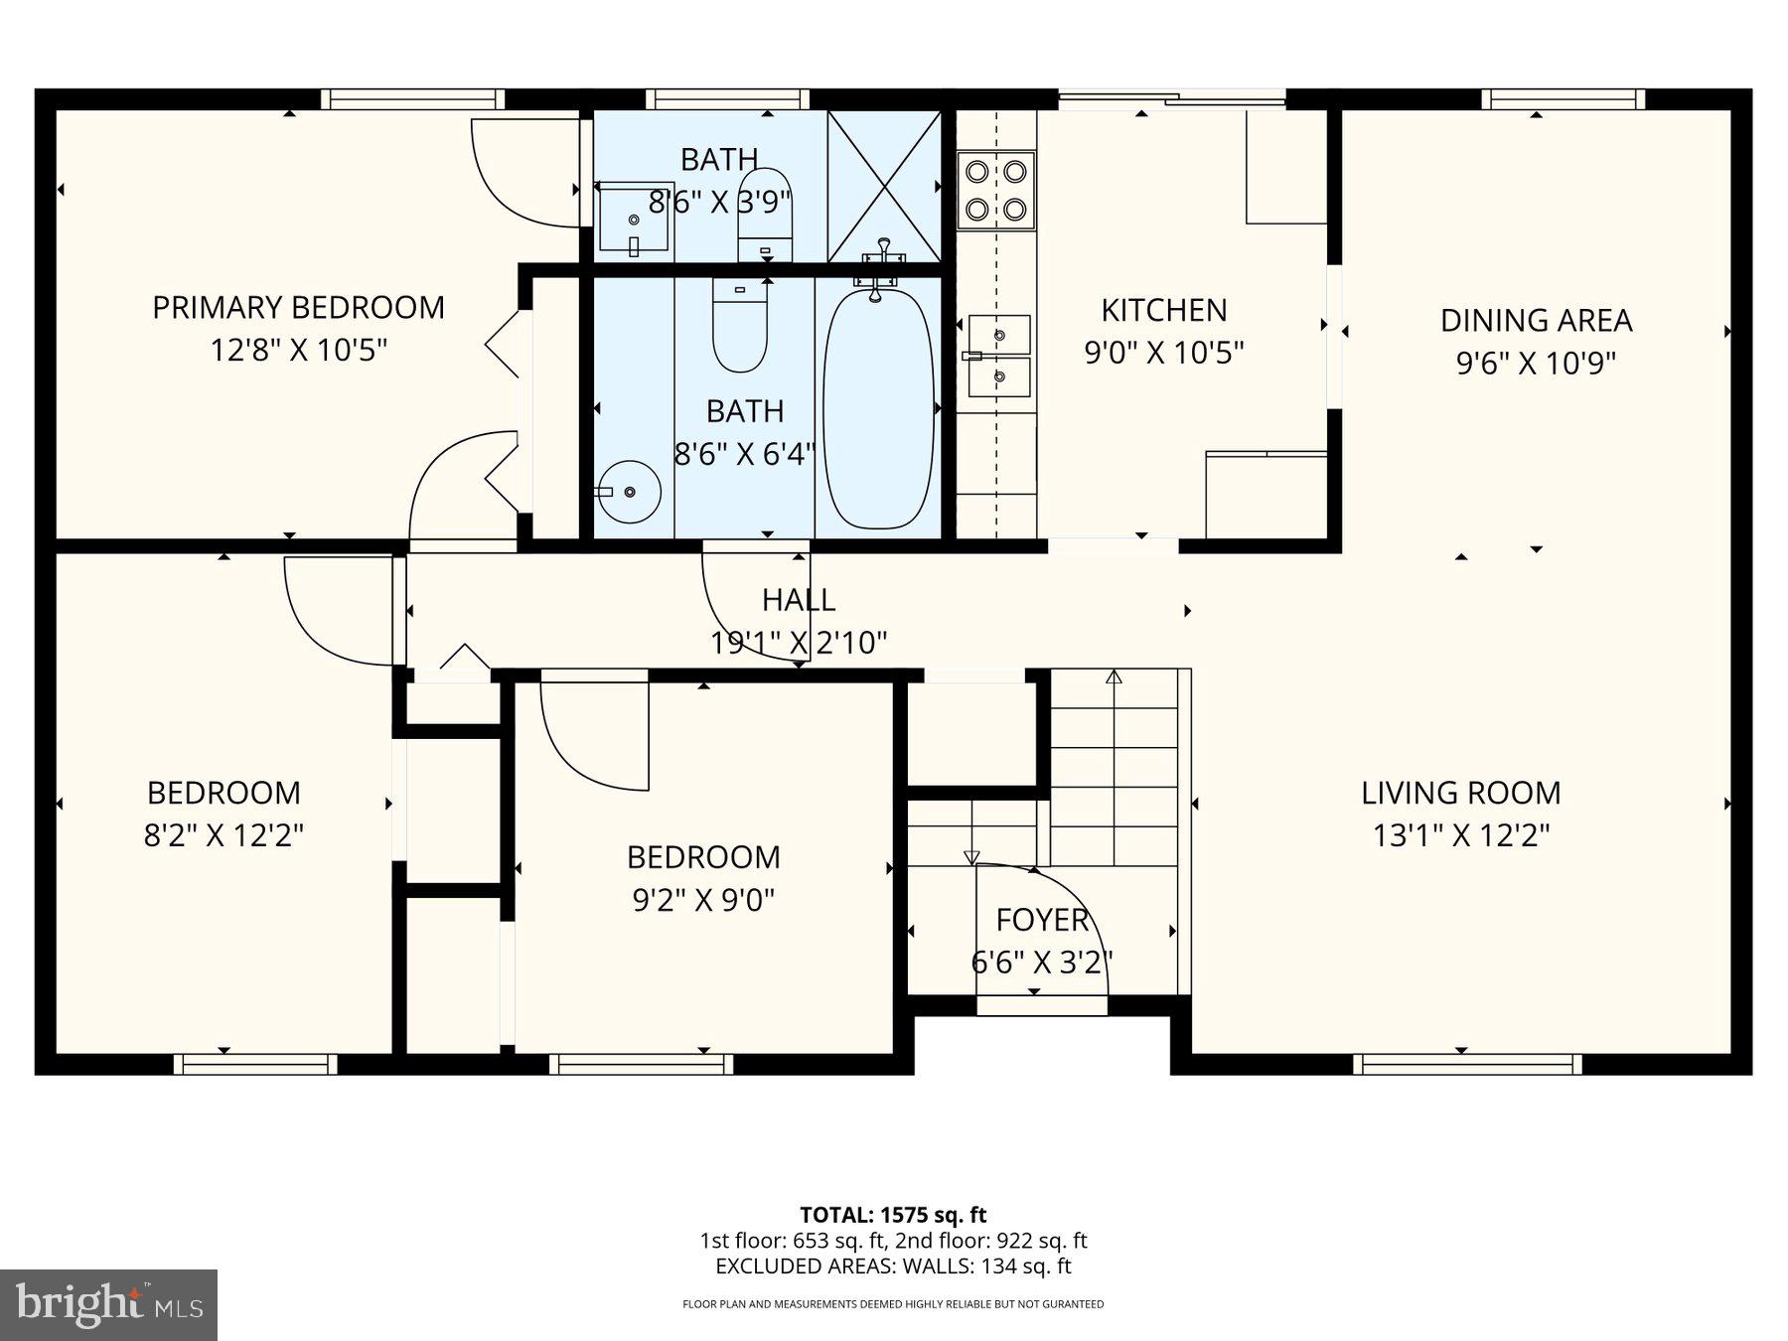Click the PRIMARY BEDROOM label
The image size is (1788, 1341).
(x=298, y=308)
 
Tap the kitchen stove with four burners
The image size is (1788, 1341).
(x=996, y=191)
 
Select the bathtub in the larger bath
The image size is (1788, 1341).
(x=879, y=407)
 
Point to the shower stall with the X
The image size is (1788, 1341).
(x=884, y=186)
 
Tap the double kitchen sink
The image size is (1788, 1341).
(x=998, y=356)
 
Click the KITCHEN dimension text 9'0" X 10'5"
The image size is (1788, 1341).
(x=1164, y=353)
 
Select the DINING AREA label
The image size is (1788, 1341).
(x=1536, y=321)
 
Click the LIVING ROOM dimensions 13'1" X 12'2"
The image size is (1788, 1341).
(x=1461, y=835)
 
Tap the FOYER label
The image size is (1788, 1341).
(x=1042, y=920)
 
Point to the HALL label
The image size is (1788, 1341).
(x=799, y=600)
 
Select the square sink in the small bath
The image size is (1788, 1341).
(x=635, y=218)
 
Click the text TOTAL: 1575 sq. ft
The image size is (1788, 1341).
(x=893, y=1215)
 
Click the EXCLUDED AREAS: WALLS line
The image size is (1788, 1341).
(x=893, y=1266)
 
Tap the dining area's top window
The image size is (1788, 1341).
(x=1564, y=99)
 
